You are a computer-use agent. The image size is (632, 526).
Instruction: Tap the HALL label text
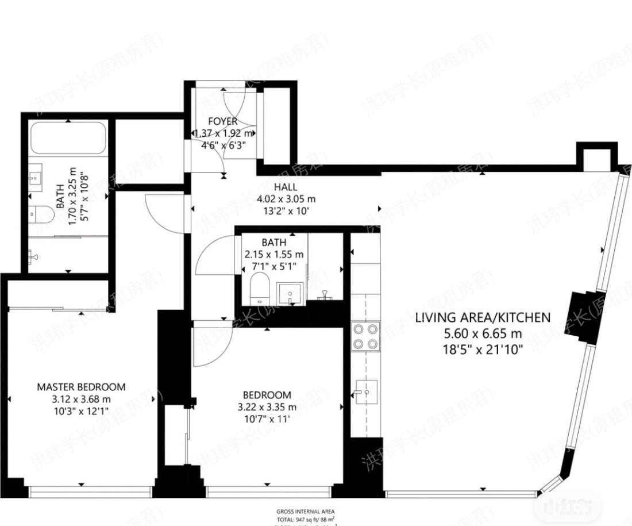coord(286,187)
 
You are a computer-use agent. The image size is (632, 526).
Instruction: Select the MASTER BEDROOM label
coord(81,387)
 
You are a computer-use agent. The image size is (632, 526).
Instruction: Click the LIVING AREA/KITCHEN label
coord(483,317)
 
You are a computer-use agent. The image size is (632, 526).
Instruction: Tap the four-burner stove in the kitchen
coord(366,336)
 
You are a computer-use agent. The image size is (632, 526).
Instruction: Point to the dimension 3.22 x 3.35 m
coord(267,408)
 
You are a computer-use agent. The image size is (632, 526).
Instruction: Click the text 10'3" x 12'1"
coord(81,411)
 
